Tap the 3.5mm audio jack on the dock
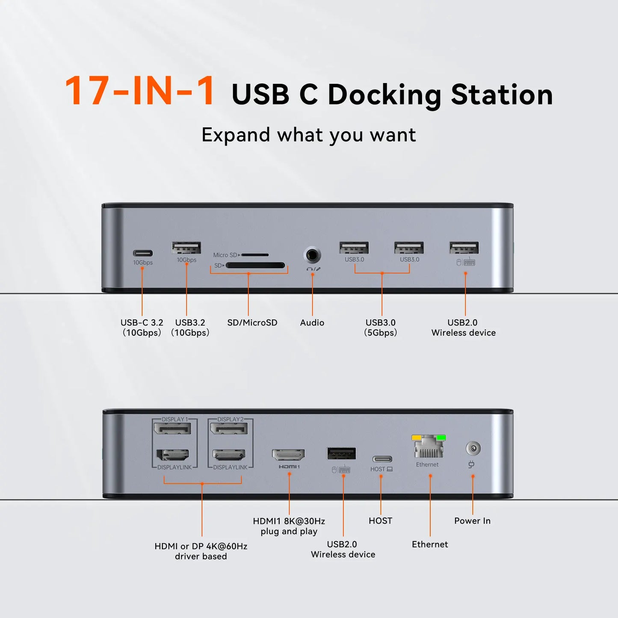[312, 255]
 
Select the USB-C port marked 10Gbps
[143, 253]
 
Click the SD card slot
[255, 265]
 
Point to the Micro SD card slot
[255, 255]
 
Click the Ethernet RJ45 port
[429, 447]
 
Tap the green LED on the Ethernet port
[441, 438]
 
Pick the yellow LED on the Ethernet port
[416, 438]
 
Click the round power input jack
[473, 448]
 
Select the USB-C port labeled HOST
[382, 459]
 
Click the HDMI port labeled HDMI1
[288, 455]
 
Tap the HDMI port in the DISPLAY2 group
[229, 455]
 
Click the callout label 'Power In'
[473, 521]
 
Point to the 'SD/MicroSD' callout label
[252, 322]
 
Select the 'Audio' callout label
[312, 322]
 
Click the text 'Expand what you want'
[308, 135]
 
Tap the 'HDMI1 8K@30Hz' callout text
[289, 521]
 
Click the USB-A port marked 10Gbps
[186, 248]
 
